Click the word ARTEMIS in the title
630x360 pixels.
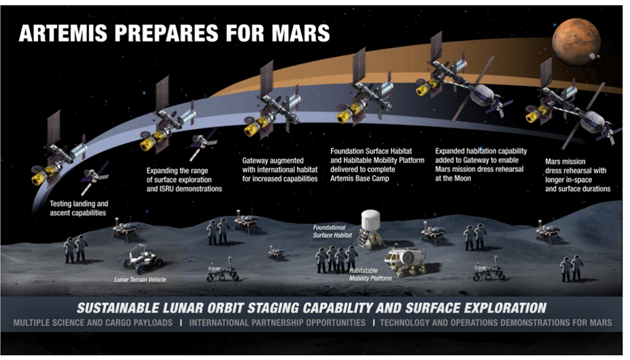[63, 33]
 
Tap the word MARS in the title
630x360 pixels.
[300, 33]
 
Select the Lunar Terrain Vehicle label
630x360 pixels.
[140, 280]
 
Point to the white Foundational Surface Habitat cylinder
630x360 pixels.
[370, 220]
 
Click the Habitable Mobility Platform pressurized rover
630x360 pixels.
[406, 262]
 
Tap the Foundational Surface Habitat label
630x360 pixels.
[332, 232]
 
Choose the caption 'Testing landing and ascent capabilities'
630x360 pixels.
[79, 209]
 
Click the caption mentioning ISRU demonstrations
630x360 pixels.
[184, 179]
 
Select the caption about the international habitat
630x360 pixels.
[279, 170]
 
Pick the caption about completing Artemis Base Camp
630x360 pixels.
[377, 165]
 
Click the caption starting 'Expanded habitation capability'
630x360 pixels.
[481, 165]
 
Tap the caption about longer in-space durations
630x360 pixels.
[578, 175]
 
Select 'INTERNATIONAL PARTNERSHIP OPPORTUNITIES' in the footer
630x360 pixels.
[277, 323]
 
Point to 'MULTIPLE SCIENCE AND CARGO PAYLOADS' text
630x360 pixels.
[93, 323]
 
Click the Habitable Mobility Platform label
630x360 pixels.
[370, 275]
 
